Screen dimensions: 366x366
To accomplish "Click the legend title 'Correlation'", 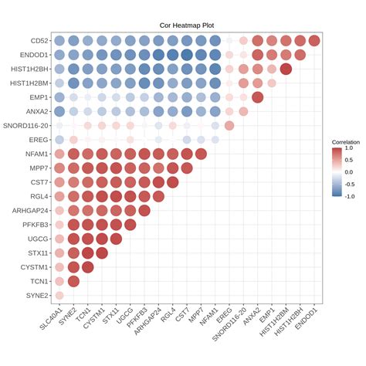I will (x=346, y=143).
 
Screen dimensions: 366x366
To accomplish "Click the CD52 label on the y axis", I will (x=42, y=41).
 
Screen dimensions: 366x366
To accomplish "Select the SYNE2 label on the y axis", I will (x=39, y=295).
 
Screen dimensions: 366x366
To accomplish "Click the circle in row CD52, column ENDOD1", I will (x=314, y=41).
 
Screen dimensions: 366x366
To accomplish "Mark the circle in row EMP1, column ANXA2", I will (x=258, y=97).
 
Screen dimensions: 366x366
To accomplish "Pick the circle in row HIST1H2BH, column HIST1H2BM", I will (x=286, y=69).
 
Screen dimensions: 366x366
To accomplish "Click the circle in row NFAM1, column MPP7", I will (x=201, y=154).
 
